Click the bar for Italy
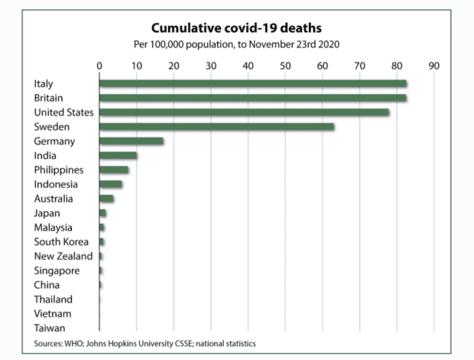[252, 83]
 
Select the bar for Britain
[252, 98]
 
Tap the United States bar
[244, 112]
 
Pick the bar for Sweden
[216, 127]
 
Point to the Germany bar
[131, 141]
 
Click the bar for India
[118, 156]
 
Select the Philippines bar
[114, 170]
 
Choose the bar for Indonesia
[111, 184]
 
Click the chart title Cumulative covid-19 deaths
[236, 29]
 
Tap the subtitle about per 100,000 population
[236, 44]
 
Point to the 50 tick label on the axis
[285, 65]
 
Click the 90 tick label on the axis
[434, 65]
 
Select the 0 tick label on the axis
[99, 65]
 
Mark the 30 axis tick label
[211, 65]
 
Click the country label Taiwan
[50, 328]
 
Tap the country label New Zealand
[63, 256]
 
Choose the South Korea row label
[60, 242]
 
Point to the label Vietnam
[53, 313]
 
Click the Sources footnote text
[145, 344]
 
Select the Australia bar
[106, 199]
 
